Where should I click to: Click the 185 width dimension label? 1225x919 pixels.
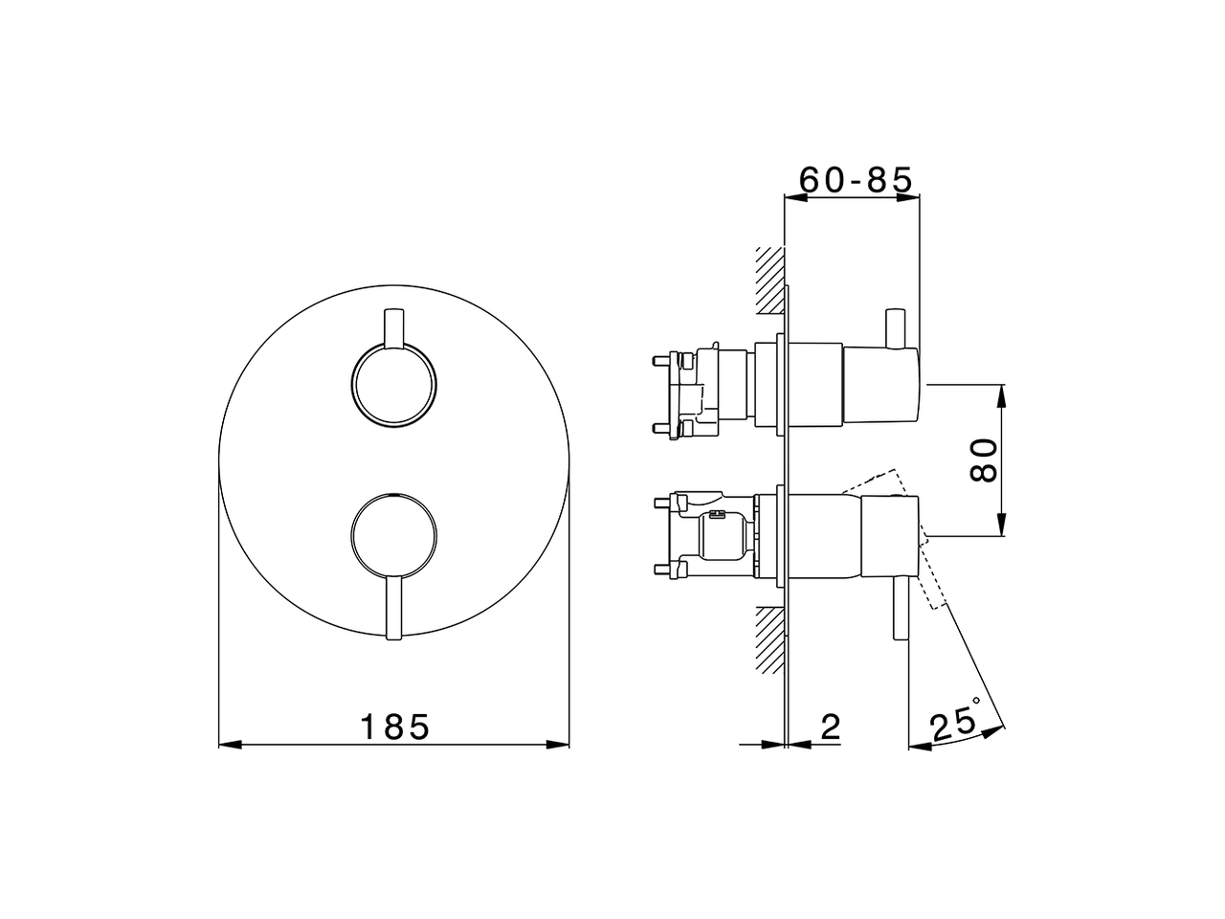point(394,727)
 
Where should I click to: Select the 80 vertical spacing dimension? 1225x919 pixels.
point(985,460)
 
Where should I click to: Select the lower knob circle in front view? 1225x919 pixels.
point(393,535)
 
